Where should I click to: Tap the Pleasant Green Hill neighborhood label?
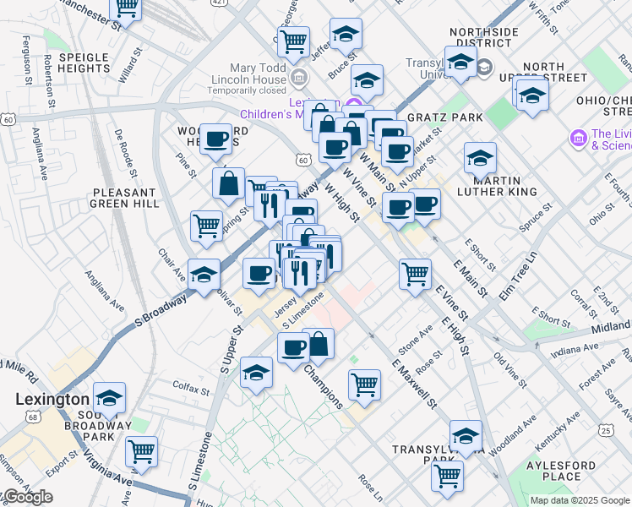pyautogui.click(x=125, y=198)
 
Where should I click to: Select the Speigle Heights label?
pyautogui.click(x=83, y=62)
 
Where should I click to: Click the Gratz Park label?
pyautogui.click(x=444, y=117)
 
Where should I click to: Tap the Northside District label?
pyautogui.click(x=484, y=38)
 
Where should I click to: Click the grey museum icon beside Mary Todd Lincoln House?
pyautogui.click(x=298, y=79)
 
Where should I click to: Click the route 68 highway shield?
pyautogui.click(x=32, y=417)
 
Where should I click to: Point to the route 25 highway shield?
pyautogui.click(x=606, y=431)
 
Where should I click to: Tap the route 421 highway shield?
pyautogui.click(x=219, y=3)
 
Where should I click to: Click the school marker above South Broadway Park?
pyautogui.click(x=109, y=396)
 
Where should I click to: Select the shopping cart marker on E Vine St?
pyautogui.click(x=415, y=273)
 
